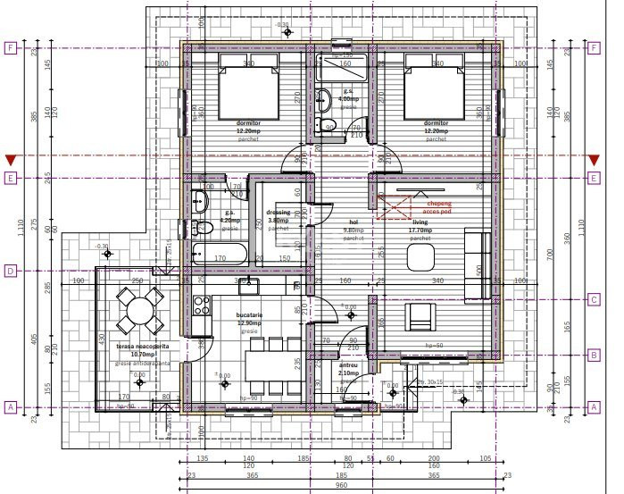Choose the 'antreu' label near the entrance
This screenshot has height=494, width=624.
(x=348, y=365)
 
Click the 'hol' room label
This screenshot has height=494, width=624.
(x=353, y=222)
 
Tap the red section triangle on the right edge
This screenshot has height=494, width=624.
(x=593, y=160)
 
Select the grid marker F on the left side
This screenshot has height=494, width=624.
(x=11, y=48)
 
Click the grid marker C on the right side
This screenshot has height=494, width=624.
(x=593, y=300)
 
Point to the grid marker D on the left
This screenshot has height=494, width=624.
(x=11, y=270)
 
